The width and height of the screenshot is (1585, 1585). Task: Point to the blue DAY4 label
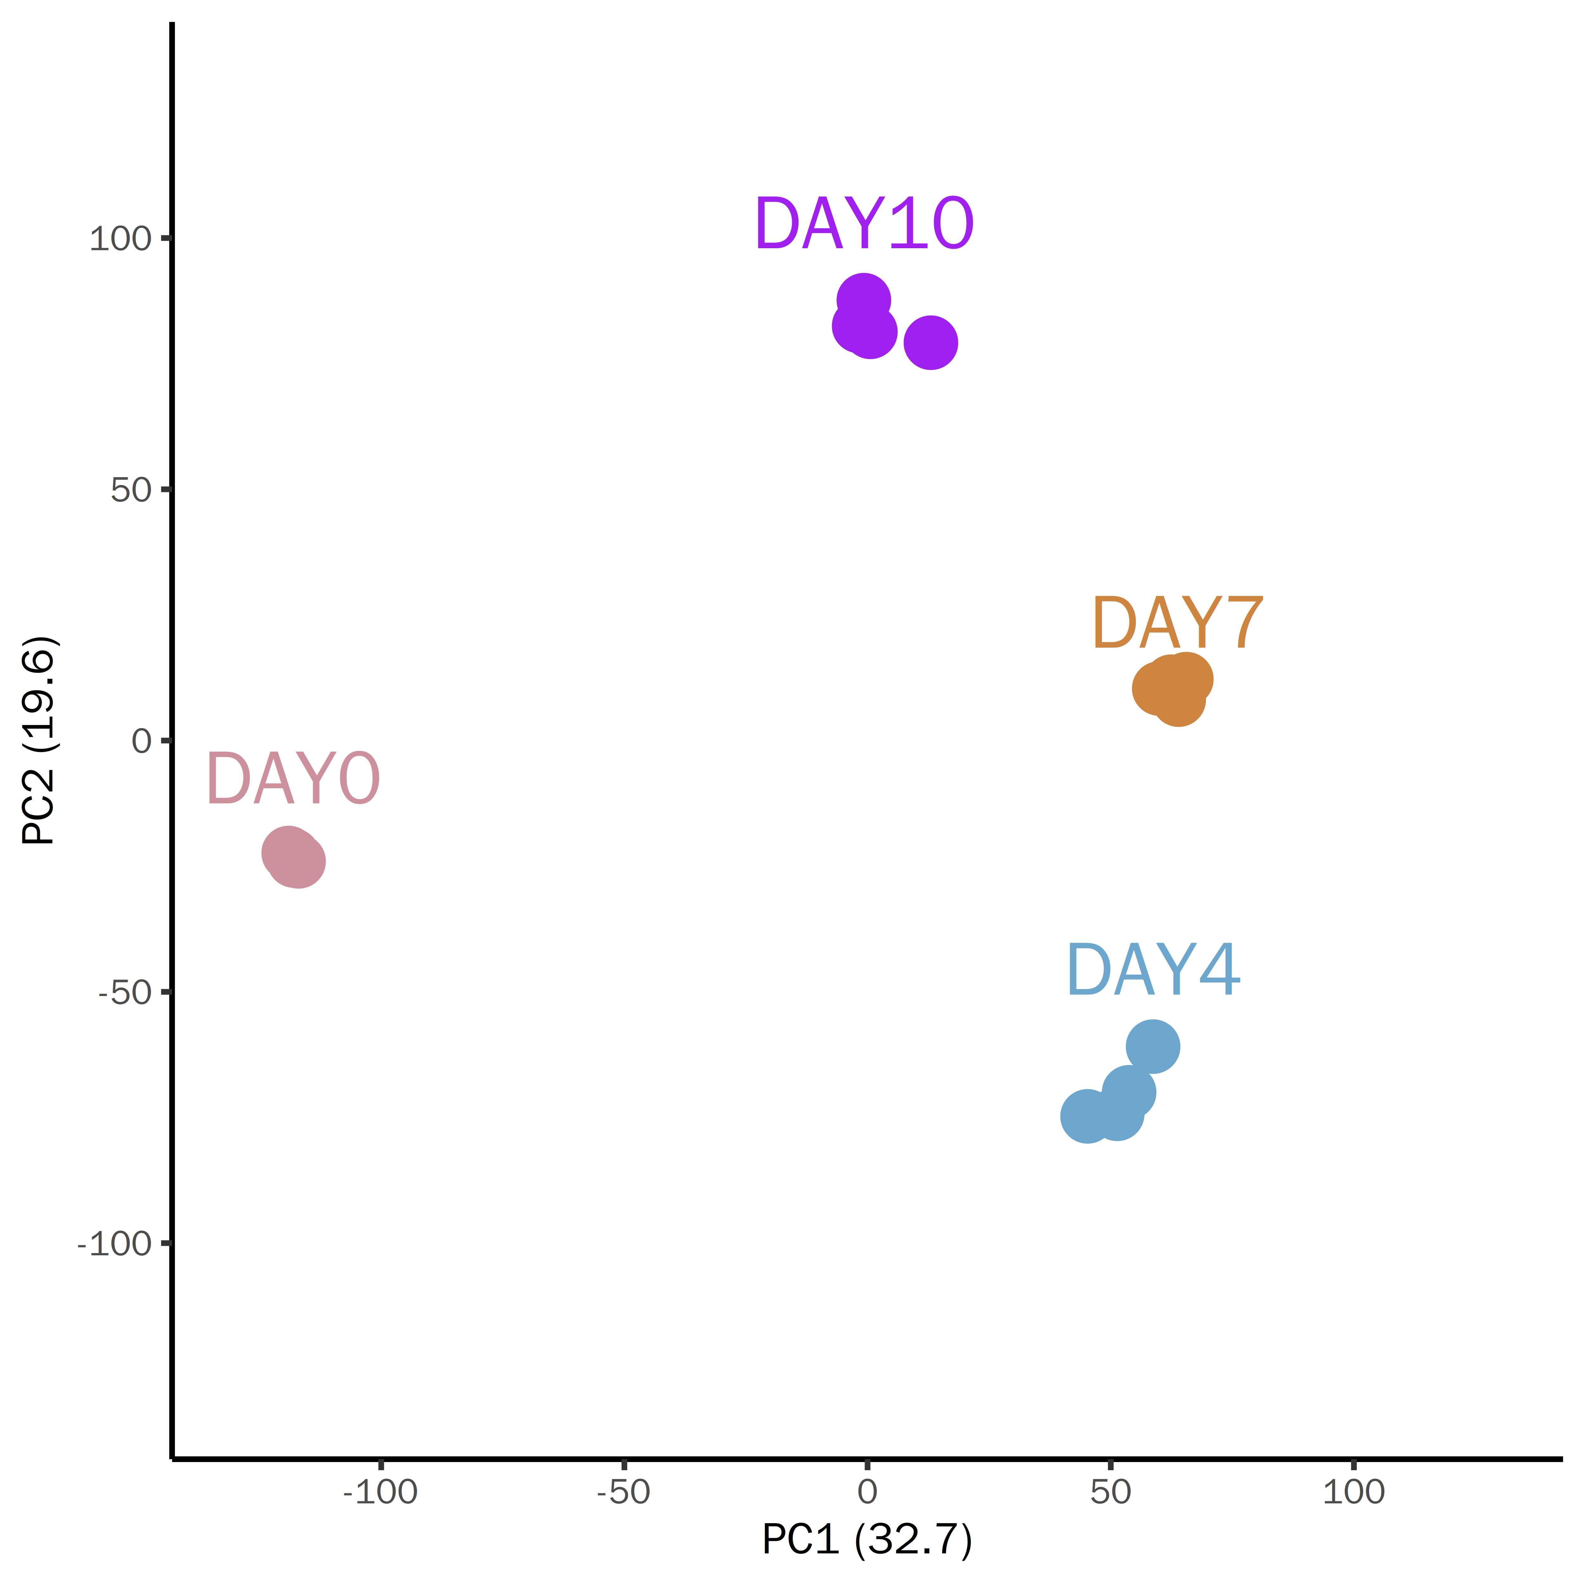(1153, 971)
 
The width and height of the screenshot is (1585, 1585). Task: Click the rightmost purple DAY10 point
(930, 342)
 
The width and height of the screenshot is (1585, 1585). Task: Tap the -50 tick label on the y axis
(126, 993)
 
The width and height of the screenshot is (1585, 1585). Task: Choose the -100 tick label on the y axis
(115, 1244)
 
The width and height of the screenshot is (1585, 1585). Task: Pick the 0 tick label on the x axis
(867, 1491)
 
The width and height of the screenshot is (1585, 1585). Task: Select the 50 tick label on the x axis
(1110, 1491)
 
